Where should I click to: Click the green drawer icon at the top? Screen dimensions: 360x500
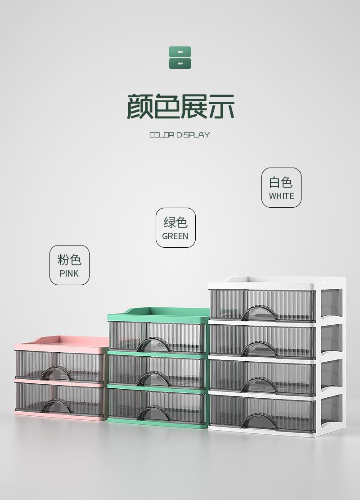(x=180, y=58)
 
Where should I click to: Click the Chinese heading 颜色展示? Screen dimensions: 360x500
(x=180, y=107)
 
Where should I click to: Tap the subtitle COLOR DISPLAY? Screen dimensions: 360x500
(x=180, y=135)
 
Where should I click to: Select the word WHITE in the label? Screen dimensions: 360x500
(x=281, y=196)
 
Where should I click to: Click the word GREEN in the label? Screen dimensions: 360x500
(x=175, y=236)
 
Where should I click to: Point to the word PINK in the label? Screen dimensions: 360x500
(x=69, y=273)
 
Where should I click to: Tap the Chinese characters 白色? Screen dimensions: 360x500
(x=281, y=182)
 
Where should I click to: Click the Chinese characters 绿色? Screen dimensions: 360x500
(x=175, y=223)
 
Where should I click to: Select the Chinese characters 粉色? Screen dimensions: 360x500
(x=69, y=260)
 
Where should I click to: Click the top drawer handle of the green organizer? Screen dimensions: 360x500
(x=153, y=346)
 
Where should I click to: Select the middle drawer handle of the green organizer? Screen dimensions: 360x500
(x=153, y=379)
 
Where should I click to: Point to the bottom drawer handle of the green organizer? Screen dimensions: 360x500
(x=153, y=413)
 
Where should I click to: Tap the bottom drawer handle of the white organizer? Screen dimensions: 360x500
(x=258, y=421)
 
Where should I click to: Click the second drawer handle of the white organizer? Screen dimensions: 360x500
(x=258, y=350)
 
